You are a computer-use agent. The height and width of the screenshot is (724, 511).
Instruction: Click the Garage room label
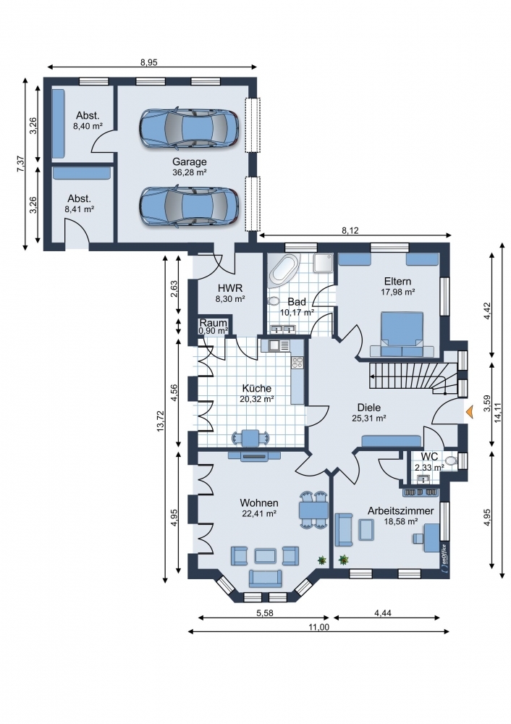pyautogui.click(x=189, y=162)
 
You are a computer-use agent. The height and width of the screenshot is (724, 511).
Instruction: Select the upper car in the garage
pyautogui.click(x=189, y=128)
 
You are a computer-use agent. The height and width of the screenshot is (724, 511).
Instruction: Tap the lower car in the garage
pyautogui.click(x=189, y=206)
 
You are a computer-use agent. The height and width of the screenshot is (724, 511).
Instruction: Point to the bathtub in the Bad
pyautogui.click(x=284, y=269)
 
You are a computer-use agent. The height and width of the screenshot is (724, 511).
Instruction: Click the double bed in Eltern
pyautogui.click(x=402, y=334)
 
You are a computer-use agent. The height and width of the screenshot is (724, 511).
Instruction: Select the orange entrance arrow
pyautogui.click(x=470, y=412)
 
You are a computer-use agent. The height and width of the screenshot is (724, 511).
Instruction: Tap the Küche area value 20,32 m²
pyautogui.click(x=257, y=400)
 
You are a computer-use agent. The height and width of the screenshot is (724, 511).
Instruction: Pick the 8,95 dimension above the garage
pyautogui.click(x=148, y=62)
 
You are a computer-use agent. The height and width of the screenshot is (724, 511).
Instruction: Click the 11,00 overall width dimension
pyautogui.click(x=318, y=626)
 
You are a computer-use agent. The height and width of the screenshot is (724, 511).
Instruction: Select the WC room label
pyautogui.click(x=429, y=457)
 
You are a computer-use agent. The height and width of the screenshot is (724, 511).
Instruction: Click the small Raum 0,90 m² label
pyautogui.click(x=214, y=327)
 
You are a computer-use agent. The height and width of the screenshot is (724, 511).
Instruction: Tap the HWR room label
pyautogui.click(x=230, y=288)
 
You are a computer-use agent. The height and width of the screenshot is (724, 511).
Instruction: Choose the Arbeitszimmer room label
pyautogui.click(x=401, y=510)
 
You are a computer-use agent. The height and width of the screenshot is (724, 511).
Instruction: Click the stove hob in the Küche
pyautogui.click(x=297, y=363)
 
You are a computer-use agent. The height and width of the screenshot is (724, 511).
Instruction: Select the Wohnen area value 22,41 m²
pyautogui.click(x=259, y=513)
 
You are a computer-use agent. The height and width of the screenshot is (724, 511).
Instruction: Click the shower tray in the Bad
pyautogui.click(x=323, y=263)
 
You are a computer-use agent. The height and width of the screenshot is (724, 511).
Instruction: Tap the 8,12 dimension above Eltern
pyautogui.click(x=350, y=230)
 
